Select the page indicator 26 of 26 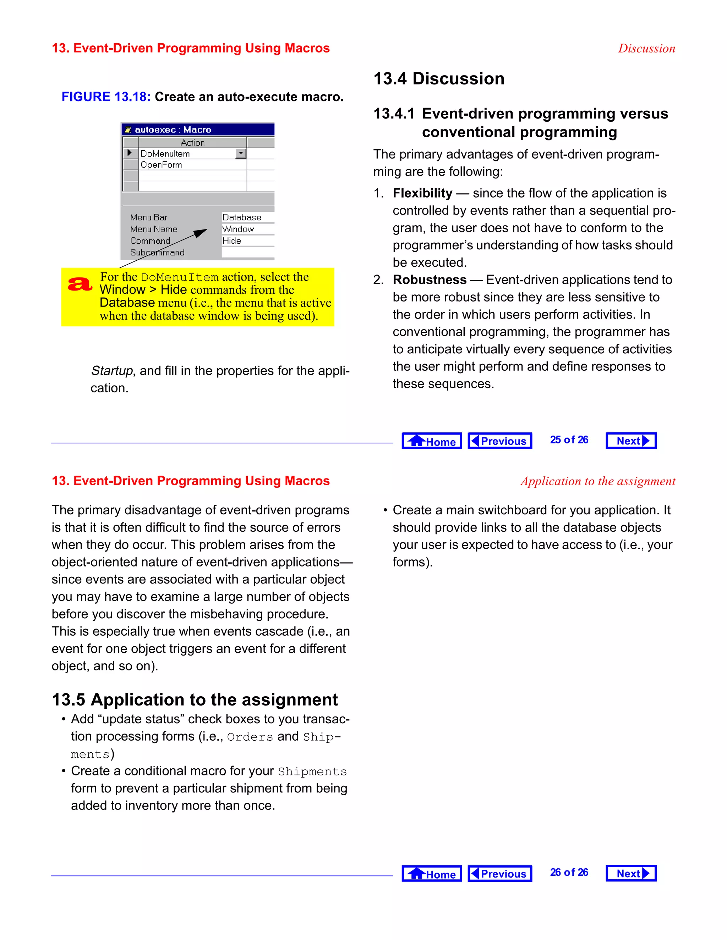click(x=569, y=873)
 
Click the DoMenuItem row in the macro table click(x=187, y=154)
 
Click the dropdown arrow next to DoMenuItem click(x=241, y=153)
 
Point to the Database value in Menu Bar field click(x=242, y=217)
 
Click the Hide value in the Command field click(x=232, y=240)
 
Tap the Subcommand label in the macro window click(x=157, y=253)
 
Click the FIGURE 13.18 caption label click(x=106, y=97)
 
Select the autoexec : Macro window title click(x=173, y=129)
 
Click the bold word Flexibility click(x=422, y=193)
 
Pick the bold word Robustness click(x=430, y=280)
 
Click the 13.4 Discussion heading click(x=438, y=79)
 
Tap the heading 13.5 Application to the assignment click(x=195, y=700)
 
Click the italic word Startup click(x=112, y=371)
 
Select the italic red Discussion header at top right click(x=646, y=48)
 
